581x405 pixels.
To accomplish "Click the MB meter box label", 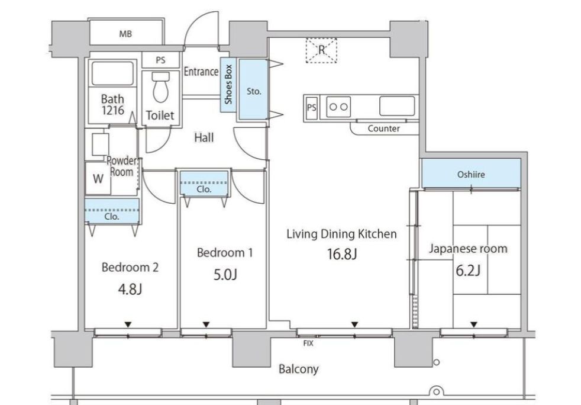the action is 125,34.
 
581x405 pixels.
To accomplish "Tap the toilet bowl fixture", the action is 161,87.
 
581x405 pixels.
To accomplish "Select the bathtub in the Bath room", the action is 112,73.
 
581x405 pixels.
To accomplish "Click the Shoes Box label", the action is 228,85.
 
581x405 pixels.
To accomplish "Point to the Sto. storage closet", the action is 253,89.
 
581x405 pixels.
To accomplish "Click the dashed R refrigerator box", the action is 321,50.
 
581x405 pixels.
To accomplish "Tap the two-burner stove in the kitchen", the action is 338,107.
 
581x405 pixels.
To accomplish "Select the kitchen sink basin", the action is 397,106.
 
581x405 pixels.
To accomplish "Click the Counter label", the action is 383,128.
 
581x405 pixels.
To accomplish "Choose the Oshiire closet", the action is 471,173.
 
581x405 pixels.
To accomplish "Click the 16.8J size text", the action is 341,255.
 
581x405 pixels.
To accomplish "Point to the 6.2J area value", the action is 468,271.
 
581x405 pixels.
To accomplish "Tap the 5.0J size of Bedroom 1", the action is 225,275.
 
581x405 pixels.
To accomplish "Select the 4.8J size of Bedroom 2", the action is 130,290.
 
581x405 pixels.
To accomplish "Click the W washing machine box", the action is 98,178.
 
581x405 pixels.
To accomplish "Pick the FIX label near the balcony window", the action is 308,343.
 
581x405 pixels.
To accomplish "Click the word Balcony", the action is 298,369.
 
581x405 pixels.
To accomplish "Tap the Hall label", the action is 204,138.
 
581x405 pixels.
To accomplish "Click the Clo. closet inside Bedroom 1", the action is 204,183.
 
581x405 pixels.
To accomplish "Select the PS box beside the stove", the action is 312,108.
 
